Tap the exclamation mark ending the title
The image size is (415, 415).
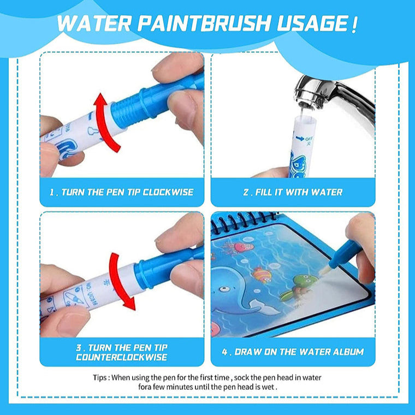point(355,24)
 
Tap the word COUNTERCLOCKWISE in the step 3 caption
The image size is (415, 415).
point(122,357)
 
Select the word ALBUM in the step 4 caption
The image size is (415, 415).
point(346,352)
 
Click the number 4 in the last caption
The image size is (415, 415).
point(224,352)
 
